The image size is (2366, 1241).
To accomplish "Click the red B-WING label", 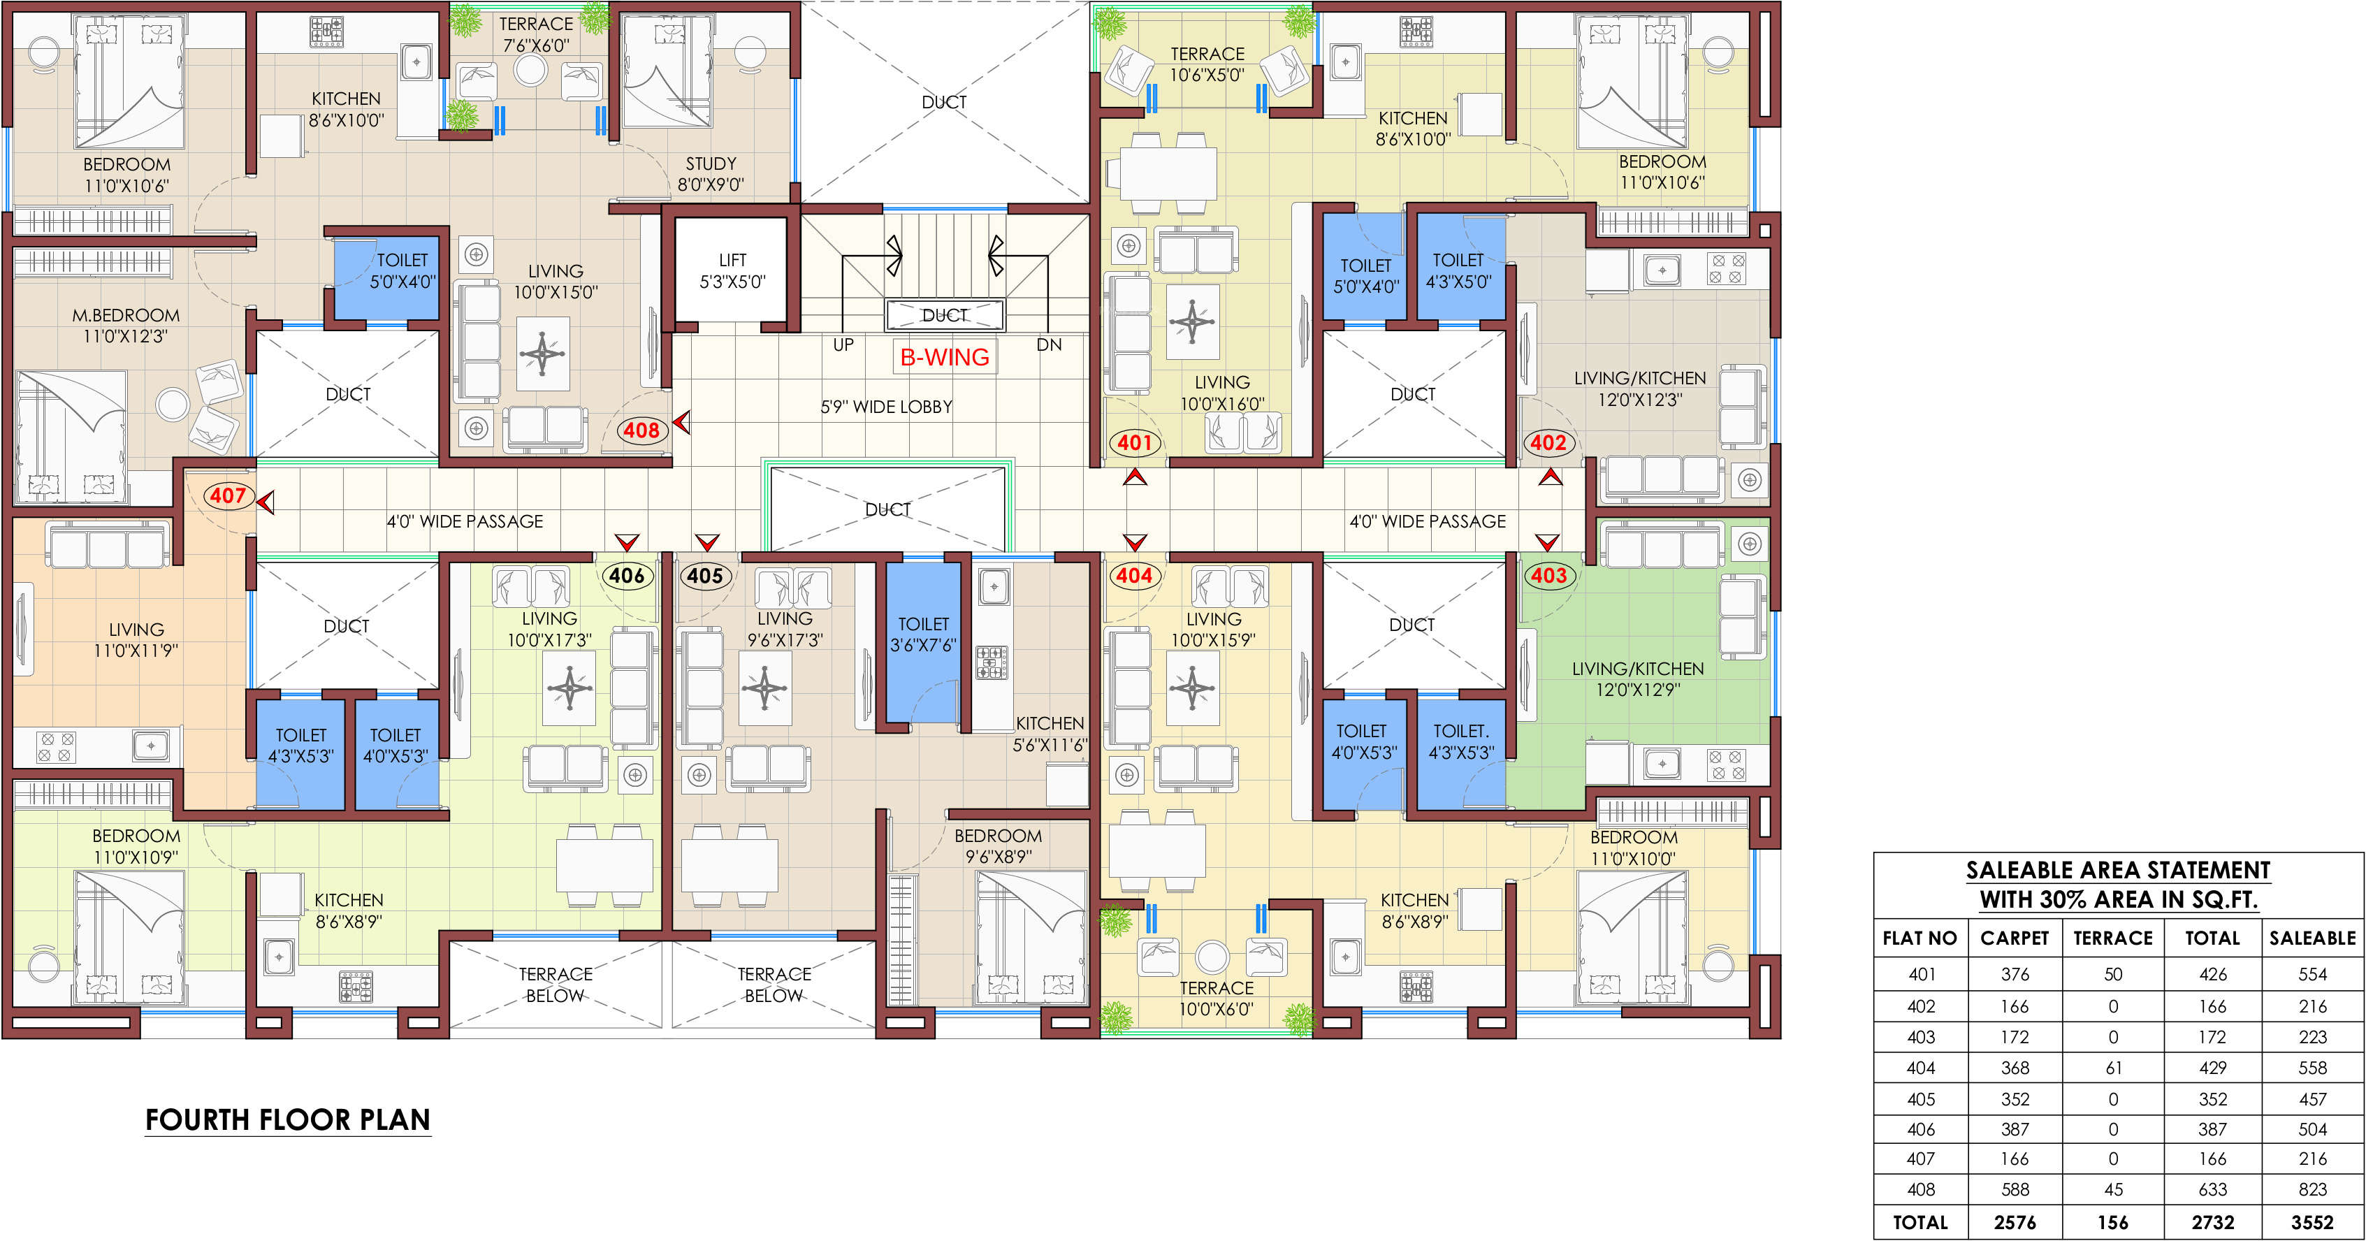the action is pos(944,357).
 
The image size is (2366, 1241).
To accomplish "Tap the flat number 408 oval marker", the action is pos(641,430).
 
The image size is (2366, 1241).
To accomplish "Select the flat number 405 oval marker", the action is pos(705,576).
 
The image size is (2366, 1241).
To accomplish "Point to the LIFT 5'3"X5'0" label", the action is pos(733,271).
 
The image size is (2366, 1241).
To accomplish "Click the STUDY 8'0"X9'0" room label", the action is pos(711,173).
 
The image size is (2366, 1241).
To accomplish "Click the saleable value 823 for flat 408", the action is pos(2313,1189).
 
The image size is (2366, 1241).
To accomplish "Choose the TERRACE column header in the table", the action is pos(2114,938).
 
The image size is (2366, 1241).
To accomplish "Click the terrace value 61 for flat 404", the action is pos(2114,1068).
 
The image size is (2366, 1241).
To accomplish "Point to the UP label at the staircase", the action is pos(843,344).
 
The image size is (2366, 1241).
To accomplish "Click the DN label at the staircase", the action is pos(1049,344).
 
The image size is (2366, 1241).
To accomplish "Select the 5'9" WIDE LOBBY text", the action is pos(886,407).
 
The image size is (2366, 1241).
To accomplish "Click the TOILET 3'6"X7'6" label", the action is pos(923,634).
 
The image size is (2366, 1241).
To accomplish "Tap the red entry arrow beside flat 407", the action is pos(266,502).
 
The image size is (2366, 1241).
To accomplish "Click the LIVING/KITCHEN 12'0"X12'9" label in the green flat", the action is pos(1638,678).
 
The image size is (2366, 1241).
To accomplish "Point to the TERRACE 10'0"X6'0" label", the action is pos(1216,999).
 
